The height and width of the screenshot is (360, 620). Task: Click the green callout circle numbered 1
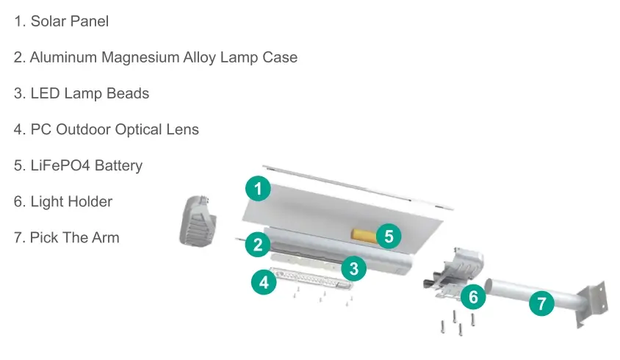click(x=258, y=188)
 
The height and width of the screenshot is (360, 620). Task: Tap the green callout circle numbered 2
click(x=258, y=245)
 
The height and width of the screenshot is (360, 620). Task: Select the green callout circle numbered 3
click(x=353, y=268)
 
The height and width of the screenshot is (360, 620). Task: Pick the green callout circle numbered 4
click(x=264, y=282)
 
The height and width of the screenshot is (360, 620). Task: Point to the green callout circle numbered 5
click(x=389, y=236)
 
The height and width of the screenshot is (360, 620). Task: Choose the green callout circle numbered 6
click(x=473, y=297)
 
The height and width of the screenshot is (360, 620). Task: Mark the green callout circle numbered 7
click(x=541, y=303)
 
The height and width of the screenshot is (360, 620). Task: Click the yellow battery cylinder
click(x=364, y=234)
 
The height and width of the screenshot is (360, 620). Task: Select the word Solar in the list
click(x=48, y=21)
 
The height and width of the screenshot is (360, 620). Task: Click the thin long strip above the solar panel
click(x=358, y=187)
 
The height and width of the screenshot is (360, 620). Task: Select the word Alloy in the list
click(x=199, y=57)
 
